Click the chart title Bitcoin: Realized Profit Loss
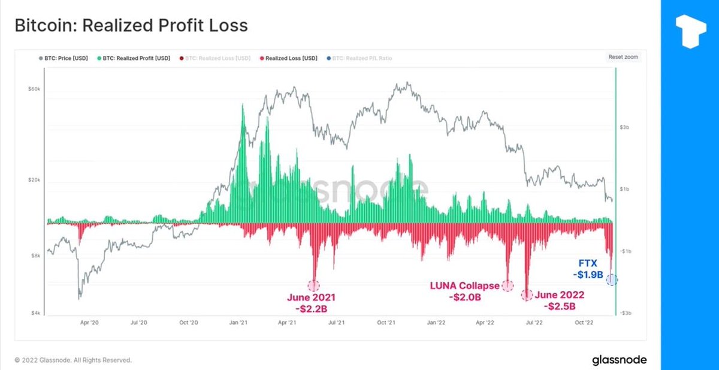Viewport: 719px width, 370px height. (131, 26)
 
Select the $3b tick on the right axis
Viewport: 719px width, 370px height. (624, 127)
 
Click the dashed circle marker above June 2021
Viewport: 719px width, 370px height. (313, 285)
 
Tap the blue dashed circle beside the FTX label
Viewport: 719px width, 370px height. (611, 279)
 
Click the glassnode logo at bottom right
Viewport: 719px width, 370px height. (619, 360)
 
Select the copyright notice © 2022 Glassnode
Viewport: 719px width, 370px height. (72, 360)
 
